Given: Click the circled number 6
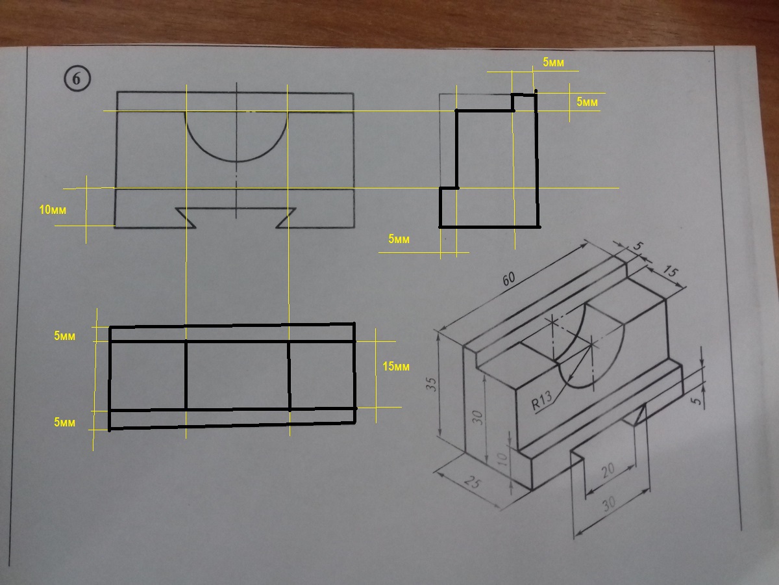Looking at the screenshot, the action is click(x=77, y=79).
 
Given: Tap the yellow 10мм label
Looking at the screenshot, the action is click(x=53, y=210).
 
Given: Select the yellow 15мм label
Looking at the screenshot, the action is click(x=396, y=367).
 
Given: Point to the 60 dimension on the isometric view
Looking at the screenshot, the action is click(x=508, y=279).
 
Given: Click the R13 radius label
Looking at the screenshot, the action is click(x=542, y=400).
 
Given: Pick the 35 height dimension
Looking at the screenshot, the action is click(x=431, y=384).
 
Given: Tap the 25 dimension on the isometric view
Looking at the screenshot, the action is click(x=473, y=482).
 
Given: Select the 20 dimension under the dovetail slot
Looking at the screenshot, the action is click(x=608, y=470).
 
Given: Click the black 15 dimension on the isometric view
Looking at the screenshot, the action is click(x=670, y=272).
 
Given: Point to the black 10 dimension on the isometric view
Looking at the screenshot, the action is click(x=502, y=460).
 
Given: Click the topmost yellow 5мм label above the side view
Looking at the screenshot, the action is click(x=553, y=62).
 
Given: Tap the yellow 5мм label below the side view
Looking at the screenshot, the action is click(x=399, y=239).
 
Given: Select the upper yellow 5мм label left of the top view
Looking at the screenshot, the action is click(x=64, y=336).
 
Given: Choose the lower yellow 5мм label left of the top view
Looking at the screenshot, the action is click(x=64, y=422).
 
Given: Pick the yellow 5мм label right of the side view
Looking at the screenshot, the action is click(x=587, y=102).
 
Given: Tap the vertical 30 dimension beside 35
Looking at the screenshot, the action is click(x=478, y=418).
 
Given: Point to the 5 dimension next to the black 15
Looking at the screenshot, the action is click(x=637, y=246).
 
